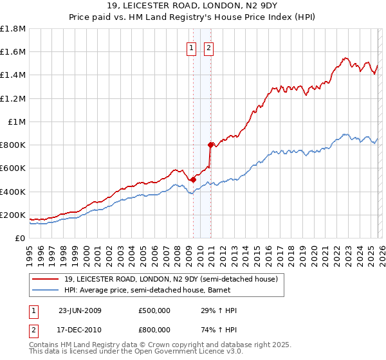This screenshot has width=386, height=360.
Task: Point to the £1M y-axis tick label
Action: click(17, 122)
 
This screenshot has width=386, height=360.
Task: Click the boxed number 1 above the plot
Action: click(192, 46)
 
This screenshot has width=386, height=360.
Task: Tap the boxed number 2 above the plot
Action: click(209, 46)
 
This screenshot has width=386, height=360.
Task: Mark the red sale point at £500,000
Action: click(193, 180)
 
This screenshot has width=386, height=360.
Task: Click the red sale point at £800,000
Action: click(210, 145)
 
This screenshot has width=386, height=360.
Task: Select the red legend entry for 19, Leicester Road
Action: click(170, 279)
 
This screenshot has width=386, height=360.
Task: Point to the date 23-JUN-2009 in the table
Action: click(80, 310)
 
